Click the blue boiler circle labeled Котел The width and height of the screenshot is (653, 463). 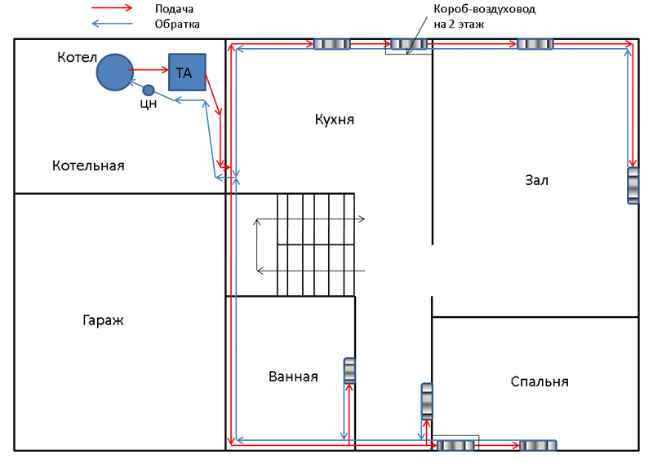115,72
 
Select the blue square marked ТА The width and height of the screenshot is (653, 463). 187,72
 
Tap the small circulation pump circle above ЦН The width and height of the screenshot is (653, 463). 149,90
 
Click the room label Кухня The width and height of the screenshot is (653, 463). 335,120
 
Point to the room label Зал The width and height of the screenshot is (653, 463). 536,180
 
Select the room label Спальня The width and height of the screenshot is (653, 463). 540,381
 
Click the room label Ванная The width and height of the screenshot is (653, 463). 293,377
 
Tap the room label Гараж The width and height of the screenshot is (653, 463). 103,320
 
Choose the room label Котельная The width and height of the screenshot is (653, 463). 88,165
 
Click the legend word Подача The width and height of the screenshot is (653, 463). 174,9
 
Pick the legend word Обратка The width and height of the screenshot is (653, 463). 177,24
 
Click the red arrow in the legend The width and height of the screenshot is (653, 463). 112,7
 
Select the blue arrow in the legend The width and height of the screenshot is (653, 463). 112,24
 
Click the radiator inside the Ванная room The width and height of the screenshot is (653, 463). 349,371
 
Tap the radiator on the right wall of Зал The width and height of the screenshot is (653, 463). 633,186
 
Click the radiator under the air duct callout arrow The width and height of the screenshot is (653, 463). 409,44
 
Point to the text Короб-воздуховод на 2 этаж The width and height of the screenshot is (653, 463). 484,16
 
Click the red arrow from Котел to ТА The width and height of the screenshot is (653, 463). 148,70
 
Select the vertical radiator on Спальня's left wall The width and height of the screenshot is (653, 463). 427,401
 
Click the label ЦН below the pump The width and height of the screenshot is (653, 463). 149,104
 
